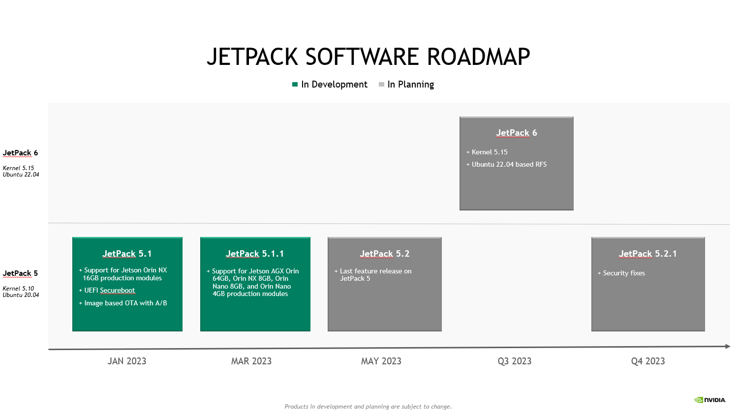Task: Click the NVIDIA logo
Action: (710, 400)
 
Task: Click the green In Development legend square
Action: (295, 85)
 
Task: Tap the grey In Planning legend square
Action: (381, 85)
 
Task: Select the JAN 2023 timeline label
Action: (127, 361)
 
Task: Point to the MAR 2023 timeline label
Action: (251, 361)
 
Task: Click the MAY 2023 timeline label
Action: (381, 361)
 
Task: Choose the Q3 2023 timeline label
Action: (515, 361)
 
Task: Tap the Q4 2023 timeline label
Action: (648, 361)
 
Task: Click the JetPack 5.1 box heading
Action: (127, 254)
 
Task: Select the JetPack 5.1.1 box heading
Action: (255, 254)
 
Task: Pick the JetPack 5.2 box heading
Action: (385, 254)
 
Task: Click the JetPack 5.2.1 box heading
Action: (648, 254)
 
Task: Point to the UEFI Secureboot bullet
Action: (109, 291)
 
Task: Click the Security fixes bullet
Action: (624, 273)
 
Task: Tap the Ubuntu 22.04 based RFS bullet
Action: (509, 165)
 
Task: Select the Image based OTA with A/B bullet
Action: (125, 303)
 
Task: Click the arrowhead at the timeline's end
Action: (728, 347)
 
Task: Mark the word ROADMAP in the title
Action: (478, 57)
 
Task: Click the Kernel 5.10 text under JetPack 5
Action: (18, 289)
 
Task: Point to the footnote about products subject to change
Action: (368, 407)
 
